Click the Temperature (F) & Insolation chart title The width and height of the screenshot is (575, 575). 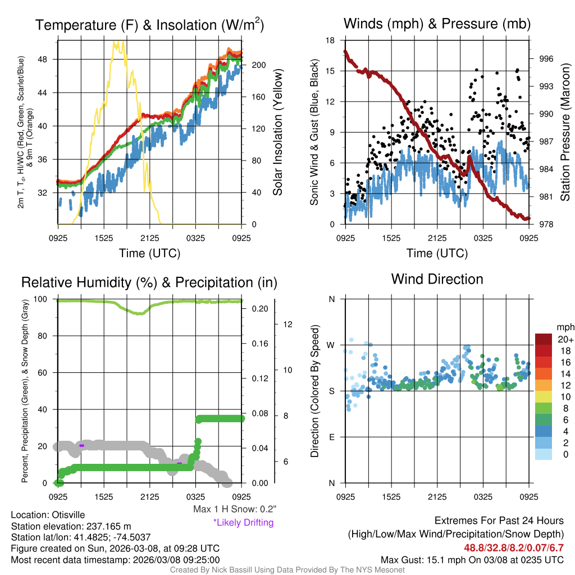pos(149,25)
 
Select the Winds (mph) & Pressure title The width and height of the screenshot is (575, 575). pos(437,24)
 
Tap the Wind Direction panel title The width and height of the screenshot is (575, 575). pos(437,279)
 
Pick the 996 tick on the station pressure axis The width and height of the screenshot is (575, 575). pos(546,58)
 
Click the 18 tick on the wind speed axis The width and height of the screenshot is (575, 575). pos(331,40)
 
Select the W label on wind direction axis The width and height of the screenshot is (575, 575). pos(331,345)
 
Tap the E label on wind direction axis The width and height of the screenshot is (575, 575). pos(332,437)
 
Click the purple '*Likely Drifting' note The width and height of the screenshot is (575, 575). pos(243,522)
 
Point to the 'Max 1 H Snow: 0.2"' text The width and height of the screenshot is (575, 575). pos(234,509)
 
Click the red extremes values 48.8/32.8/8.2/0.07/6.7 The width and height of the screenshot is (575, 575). pos(513,547)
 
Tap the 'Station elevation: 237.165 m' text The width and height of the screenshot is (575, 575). pos(71,526)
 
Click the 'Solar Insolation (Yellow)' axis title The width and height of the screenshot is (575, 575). pos(277,133)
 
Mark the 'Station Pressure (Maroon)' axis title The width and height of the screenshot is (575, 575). pos(565,133)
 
